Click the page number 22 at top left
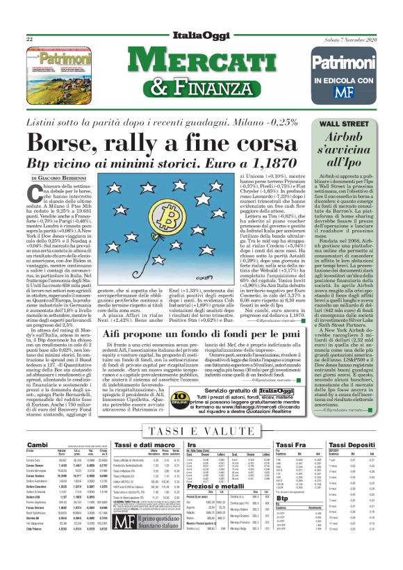click(30, 40)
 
